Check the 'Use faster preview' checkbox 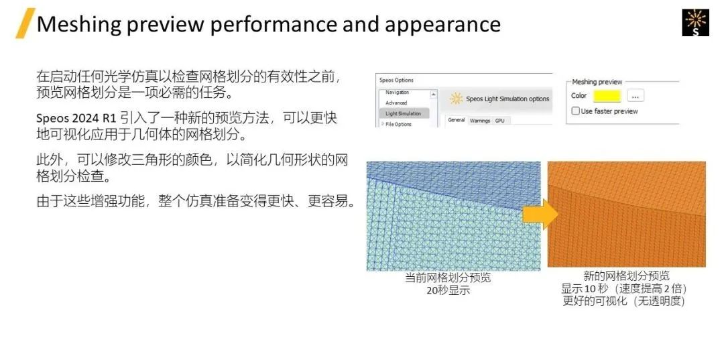click(575, 111)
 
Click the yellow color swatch click(607, 96)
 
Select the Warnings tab click(480, 121)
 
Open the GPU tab click(500, 121)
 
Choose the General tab click(457, 121)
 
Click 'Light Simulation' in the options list click(404, 113)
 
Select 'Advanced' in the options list click(396, 103)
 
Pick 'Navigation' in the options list click(397, 93)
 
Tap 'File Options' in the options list click(398, 124)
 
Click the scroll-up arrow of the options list click(434, 95)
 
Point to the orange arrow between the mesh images click(540, 215)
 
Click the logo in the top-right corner click(695, 23)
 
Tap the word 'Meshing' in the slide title click(78, 24)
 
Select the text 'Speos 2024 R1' click(76, 119)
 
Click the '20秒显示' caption click(448, 291)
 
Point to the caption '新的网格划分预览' click(627, 276)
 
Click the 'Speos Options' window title click(397, 80)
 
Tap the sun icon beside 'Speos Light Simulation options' click(457, 99)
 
